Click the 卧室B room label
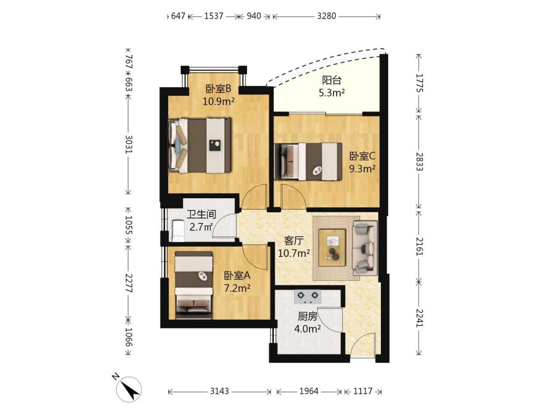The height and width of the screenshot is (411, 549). click(218, 89)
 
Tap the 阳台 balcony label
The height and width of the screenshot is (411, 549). click(332, 80)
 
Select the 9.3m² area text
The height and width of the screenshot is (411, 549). click(362, 169)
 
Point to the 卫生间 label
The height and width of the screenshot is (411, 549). click(201, 214)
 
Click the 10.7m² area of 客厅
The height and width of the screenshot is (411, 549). click(294, 253)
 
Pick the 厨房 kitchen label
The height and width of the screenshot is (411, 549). click(308, 317)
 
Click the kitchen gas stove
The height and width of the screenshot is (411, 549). click(308, 297)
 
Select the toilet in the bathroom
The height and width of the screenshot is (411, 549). click(178, 231)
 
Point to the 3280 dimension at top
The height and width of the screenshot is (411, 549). click(326, 16)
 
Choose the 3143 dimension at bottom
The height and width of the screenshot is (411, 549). click(219, 391)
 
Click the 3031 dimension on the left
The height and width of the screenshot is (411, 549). click(129, 144)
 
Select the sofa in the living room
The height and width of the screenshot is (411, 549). click(365, 248)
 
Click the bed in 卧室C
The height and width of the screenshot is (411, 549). click(308, 161)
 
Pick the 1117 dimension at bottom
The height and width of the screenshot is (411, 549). click(363, 391)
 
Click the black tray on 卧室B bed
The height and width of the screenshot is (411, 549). click(215, 145)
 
